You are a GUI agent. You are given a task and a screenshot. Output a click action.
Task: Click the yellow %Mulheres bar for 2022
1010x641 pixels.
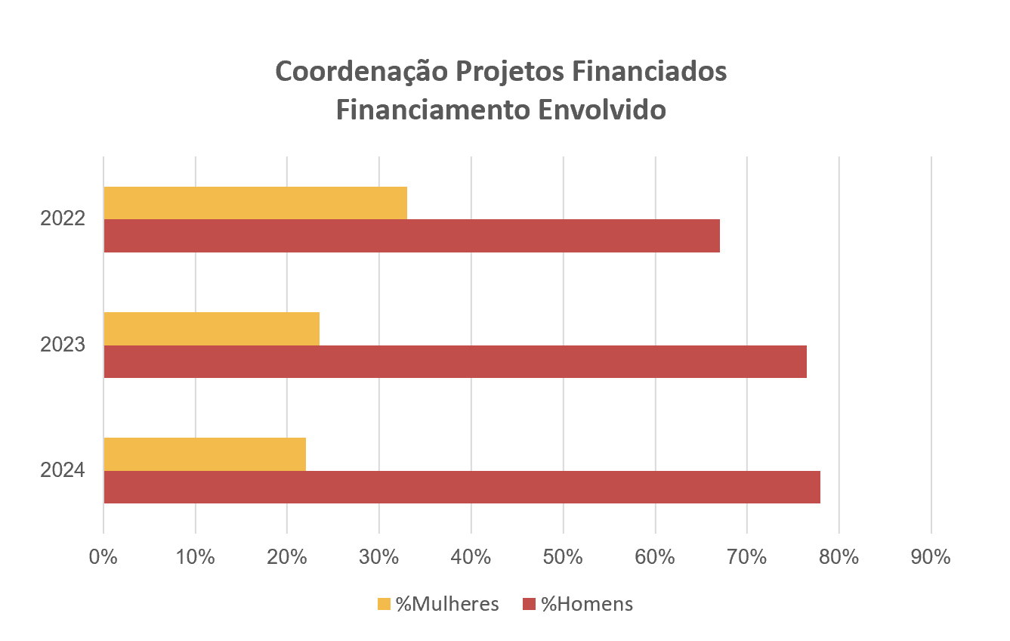[x=255, y=203]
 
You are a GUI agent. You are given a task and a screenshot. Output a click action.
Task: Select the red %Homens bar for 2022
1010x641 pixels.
[x=412, y=236]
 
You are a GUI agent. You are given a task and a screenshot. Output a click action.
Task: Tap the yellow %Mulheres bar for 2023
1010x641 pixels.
[x=212, y=328]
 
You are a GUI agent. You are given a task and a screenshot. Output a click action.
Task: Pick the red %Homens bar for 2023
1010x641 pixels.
[x=455, y=361]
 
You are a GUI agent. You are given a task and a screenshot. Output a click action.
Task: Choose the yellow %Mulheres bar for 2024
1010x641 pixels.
[x=205, y=454]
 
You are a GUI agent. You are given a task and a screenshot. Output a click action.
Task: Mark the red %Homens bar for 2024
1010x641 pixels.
[x=462, y=487]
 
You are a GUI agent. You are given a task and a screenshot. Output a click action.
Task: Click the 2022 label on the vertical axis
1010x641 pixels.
[x=63, y=219]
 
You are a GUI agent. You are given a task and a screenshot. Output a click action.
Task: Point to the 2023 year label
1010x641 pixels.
[x=63, y=345]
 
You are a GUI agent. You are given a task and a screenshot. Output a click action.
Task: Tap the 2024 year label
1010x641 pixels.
[x=63, y=470]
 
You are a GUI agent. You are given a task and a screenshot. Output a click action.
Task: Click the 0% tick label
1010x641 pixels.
[x=103, y=558]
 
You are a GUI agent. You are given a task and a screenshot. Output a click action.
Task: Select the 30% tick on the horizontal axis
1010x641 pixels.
[x=379, y=558]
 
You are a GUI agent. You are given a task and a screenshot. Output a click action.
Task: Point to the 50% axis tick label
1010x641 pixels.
[x=563, y=558]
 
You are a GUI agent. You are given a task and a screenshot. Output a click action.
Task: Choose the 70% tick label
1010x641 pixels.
[x=747, y=558]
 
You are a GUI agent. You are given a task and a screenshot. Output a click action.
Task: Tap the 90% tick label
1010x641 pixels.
[x=931, y=558]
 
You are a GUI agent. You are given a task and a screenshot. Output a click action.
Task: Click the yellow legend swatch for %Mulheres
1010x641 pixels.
[x=384, y=604]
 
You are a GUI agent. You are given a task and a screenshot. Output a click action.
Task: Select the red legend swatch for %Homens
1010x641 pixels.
[x=529, y=604]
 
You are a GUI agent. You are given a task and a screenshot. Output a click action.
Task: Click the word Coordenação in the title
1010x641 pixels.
[x=360, y=72]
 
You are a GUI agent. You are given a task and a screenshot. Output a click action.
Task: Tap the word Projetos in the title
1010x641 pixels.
[x=506, y=72]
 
